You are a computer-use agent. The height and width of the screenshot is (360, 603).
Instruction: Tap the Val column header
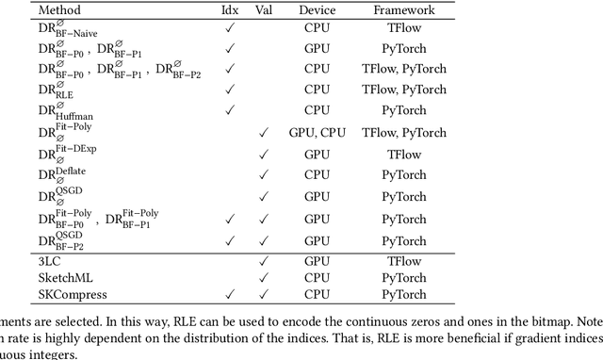tap(265, 9)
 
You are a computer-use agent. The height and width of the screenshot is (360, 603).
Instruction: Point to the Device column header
tap(317, 9)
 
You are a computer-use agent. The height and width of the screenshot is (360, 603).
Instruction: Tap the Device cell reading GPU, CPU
tap(317, 133)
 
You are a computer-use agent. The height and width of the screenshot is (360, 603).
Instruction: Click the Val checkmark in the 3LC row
tap(265, 260)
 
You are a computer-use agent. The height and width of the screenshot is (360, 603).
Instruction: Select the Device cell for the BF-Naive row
tap(317, 27)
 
